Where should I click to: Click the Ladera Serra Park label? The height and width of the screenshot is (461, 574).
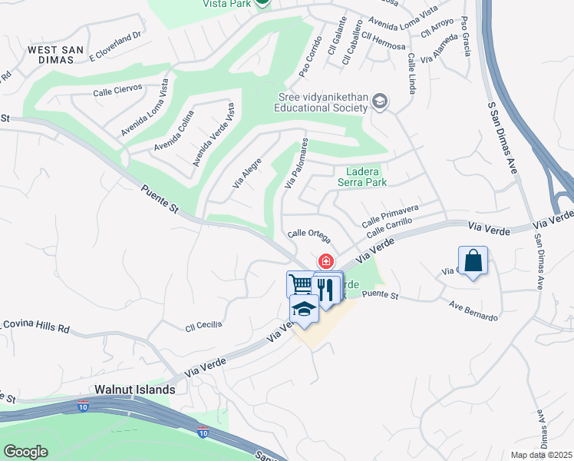tap(362, 177)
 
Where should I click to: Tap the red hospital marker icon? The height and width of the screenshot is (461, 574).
tap(326, 262)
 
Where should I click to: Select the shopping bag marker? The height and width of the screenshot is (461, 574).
tap(473, 260)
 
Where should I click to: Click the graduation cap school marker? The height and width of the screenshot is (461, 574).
tap(304, 310)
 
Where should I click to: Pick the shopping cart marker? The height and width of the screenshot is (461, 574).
tap(301, 284)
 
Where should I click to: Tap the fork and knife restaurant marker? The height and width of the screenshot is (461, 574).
tap(328, 289)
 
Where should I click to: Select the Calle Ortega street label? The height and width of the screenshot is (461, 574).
tap(308, 234)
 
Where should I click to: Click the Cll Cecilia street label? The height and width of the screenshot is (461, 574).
tap(203, 325)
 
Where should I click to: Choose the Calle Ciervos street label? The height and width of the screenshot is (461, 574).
tap(117, 88)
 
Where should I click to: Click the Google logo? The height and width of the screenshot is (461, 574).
tap(25, 452)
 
